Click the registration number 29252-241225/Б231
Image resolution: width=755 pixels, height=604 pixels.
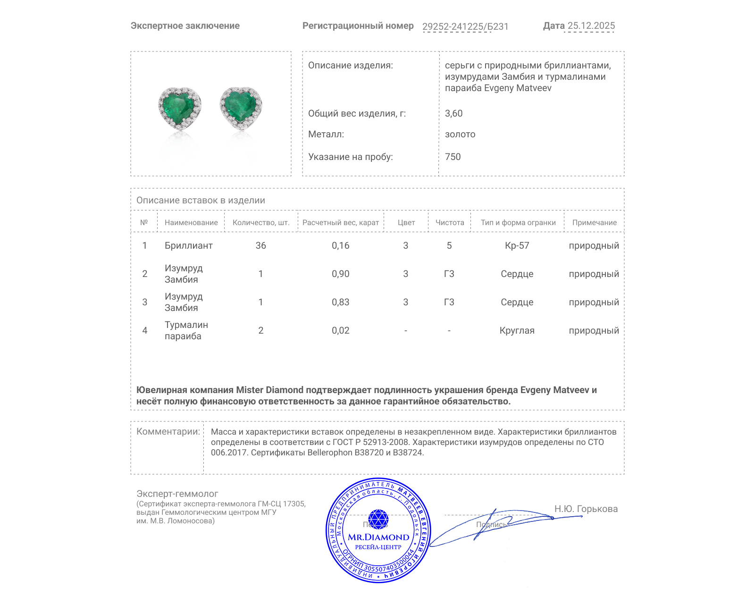tap(465, 26)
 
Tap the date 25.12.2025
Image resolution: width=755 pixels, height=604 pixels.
tap(591, 26)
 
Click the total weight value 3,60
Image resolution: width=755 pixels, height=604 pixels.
tap(453, 113)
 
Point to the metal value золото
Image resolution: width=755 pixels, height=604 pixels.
tap(460, 134)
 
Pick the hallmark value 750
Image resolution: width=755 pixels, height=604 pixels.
tap(453, 157)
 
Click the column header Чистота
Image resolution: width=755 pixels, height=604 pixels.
tap(449, 223)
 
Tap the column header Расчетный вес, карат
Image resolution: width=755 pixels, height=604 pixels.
tap(340, 223)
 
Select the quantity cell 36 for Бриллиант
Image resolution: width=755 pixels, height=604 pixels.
tap(260, 245)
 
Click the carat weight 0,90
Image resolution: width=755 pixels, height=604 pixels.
tap(340, 274)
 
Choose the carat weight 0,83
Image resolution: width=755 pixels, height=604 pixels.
tap(340, 302)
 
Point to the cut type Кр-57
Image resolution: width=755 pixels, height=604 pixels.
tap(517, 245)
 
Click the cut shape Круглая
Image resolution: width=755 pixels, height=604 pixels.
tap(517, 330)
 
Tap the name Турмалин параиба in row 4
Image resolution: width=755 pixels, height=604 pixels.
tap(186, 330)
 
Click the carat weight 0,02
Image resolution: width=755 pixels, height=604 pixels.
tap(340, 330)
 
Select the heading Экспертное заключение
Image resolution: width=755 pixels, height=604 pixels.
tap(185, 26)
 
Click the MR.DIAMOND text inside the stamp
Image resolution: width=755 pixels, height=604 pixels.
tap(378, 537)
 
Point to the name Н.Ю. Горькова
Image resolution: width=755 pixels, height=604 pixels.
tap(586, 509)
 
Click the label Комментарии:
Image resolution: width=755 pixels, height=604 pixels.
tap(168, 431)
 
